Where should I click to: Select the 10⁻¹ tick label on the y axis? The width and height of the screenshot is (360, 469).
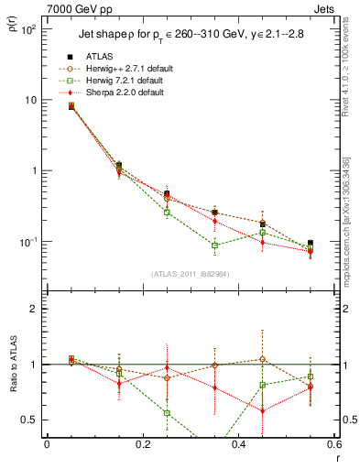[x=28, y=242]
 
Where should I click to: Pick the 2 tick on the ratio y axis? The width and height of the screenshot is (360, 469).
[x=35, y=309]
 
